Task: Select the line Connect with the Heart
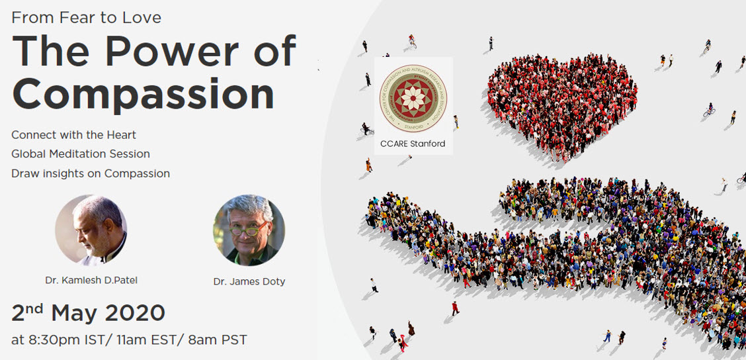[x=73, y=135]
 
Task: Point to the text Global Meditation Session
[x=81, y=154]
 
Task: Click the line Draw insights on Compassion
[x=91, y=173]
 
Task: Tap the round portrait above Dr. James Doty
[x=249, y=230]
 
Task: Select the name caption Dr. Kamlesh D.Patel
[x=91, y=280]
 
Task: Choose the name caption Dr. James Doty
[x=249, y=282]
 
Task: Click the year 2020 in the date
[x=134, y=312]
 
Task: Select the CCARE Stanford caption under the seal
[x=413, y=144]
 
